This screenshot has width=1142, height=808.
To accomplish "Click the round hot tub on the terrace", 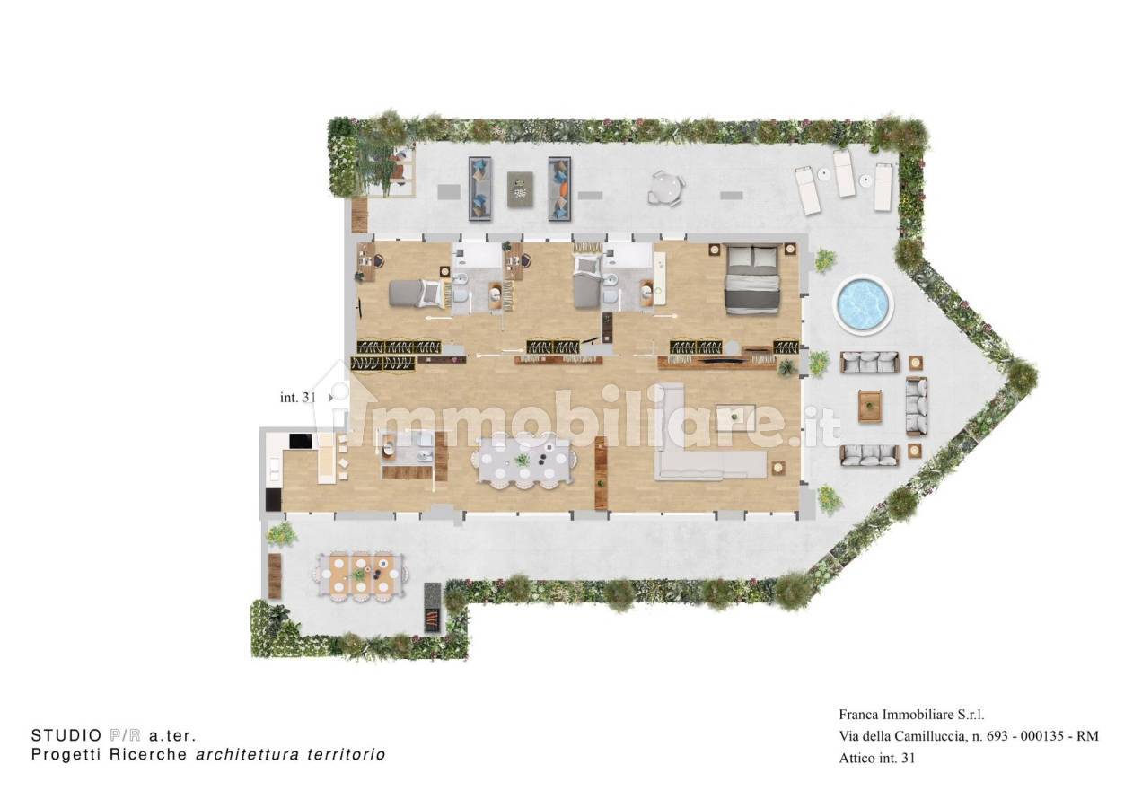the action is click(863, 305).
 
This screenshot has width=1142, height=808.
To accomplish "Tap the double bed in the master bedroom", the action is click(753, 279).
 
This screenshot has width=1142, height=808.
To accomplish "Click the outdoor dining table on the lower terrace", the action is click(361, 575).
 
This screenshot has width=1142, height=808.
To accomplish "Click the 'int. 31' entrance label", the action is click(298, 398).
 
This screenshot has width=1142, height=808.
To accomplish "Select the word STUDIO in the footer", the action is click(66, 735).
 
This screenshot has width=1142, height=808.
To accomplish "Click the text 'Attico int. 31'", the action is click(877, 758).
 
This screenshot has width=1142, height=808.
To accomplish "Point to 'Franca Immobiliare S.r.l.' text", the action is click(911, 715).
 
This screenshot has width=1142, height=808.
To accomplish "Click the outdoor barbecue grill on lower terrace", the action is click(432, 608).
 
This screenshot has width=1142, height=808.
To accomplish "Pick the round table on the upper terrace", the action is click(666, 189).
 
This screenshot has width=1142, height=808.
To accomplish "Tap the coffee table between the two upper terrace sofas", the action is click(520, 189).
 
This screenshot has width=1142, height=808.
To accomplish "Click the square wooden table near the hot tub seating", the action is click(870, 407).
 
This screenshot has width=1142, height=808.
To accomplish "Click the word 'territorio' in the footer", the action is click(347, 754).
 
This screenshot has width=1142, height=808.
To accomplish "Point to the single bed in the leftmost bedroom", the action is click(419, 294).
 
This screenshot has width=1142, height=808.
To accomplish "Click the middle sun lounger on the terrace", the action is click(844, 173).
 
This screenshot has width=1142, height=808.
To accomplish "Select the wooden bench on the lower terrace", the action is click(275, 576).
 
